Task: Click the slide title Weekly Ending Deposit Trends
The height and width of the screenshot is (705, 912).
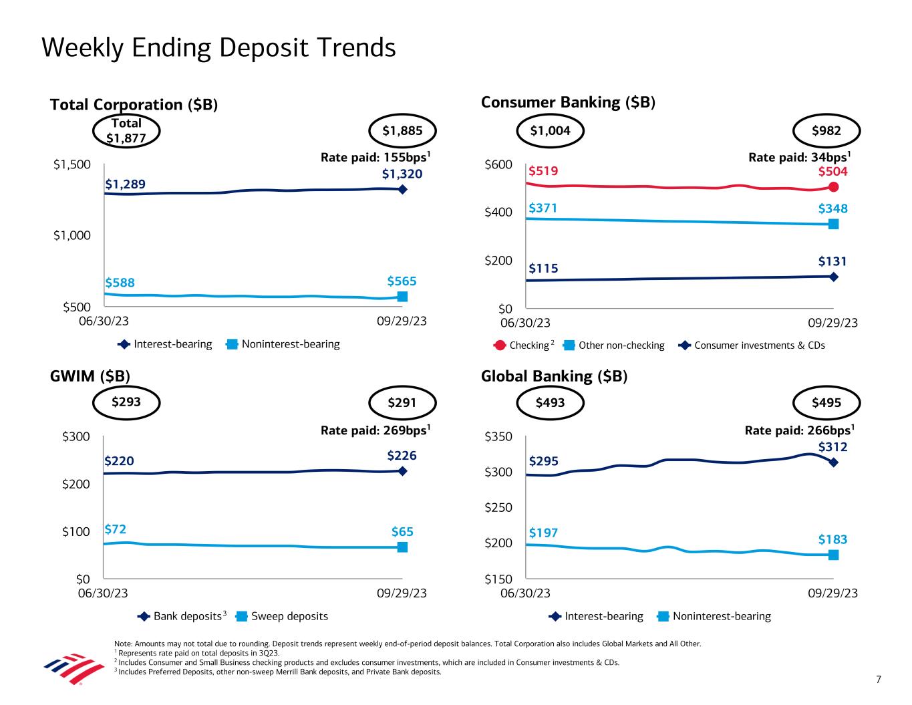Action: click(218, 48)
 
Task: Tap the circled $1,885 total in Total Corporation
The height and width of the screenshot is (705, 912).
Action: click(402, 131)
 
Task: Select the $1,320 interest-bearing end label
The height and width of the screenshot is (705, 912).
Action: click(402, 174)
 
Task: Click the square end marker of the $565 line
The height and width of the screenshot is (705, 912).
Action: click(402, 297)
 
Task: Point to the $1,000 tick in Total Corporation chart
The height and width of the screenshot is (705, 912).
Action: click(72, 235)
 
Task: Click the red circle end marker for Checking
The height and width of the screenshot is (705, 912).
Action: click(833, 187)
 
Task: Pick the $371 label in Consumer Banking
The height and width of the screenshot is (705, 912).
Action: click(543, 208)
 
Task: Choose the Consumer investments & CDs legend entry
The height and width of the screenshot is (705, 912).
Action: click(752, 345)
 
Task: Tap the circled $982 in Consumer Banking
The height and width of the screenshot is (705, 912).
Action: click(826, 131)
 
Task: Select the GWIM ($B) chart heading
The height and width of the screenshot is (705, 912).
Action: click(90, 376)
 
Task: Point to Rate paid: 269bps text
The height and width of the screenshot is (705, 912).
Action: click(375, 430)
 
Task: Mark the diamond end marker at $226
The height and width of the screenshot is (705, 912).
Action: click(402, 471)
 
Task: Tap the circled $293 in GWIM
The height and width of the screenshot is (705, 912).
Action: click(126, 402)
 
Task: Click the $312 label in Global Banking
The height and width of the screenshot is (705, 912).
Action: click(832, 446)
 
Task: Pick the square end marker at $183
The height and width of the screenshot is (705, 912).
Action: click(833, 555)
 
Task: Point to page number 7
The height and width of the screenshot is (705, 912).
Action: click(879, 680)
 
